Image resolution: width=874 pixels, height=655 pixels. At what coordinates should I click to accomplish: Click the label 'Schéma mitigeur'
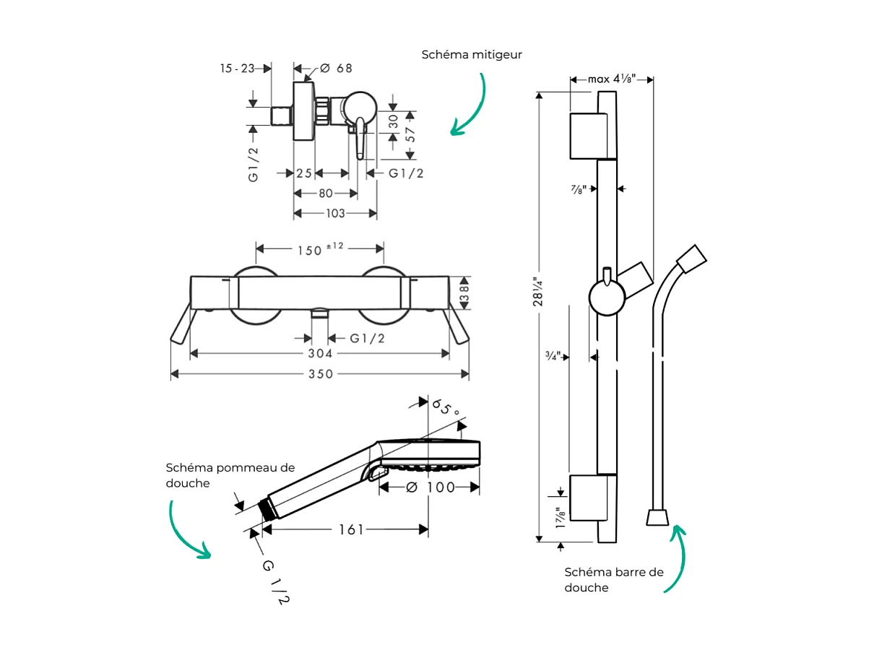tap(472, 55)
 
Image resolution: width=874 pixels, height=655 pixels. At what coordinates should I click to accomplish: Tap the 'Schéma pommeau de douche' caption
tap(230, 475)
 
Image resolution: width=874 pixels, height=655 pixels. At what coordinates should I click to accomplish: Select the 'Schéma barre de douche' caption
tap(613, 579)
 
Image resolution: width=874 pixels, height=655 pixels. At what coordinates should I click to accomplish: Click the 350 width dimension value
tap(321, 373)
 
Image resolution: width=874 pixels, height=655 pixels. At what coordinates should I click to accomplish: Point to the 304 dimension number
tap(320, 353)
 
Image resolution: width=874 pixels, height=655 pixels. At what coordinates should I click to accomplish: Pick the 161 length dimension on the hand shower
tap(351, 529)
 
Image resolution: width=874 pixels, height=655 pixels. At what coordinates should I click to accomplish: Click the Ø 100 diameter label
tap(430, 487)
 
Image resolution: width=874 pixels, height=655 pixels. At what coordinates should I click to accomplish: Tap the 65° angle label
tap(446, 409)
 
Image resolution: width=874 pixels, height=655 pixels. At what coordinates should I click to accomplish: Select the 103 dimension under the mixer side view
tap(335, 213)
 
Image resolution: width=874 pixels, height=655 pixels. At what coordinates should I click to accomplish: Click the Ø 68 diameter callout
tap(336, 68)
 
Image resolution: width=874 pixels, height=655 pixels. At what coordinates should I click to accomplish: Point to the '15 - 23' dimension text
tap(237, 68)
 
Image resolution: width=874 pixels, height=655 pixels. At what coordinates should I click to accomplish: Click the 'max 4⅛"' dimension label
tap(611, 79)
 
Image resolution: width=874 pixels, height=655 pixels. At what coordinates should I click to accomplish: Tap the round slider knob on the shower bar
tap(606, 297)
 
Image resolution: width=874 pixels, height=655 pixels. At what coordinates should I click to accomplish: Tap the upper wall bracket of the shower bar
tap(592, 135)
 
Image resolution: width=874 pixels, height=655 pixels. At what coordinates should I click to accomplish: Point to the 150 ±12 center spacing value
tap(320, 249)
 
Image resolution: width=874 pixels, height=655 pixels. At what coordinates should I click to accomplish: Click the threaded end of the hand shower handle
tap(267, 509)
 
